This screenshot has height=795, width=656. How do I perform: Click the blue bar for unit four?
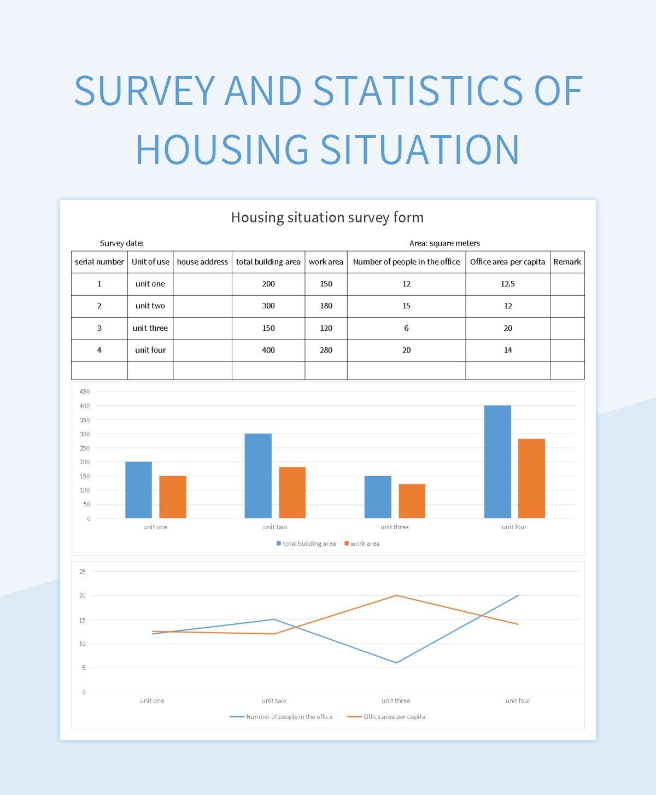pyautogui.click(x=497, y=461)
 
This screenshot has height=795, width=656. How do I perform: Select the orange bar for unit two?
pyautogui.click(x=292, y=492)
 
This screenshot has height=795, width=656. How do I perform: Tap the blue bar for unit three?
pyautogui.click(x=378, y=496)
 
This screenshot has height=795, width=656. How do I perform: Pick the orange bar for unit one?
pyautogui.click(x=173, y=496)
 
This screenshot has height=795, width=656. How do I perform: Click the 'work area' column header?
pyautogui.click(x=326, y=262)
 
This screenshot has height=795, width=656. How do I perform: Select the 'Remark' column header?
pyautogui.click(x=567, y=262)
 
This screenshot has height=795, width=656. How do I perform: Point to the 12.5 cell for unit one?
pyautogui.click(x=507, y=284)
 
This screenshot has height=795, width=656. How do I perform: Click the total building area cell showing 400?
pyautogui.click(x=268, y=350)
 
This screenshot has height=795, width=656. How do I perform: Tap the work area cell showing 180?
pyautogui.click(x=326, y=306)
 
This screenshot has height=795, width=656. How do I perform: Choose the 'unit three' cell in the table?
pyautogui.click(x=150, y=328)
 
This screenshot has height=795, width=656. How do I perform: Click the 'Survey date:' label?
pyautogui.click(x=121, y=243)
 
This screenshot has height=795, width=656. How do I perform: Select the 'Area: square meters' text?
pyautogui.click(x=444, y=243)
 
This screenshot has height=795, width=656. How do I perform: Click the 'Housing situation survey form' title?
pyautogui.click(x=327, y=218)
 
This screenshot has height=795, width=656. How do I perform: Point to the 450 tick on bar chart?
pyautogui.click(x=85, y=391)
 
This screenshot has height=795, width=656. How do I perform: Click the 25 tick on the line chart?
pyautogui.click(x=83, y=572)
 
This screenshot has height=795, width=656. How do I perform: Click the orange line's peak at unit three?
pyautogui.click(x=396, y=595)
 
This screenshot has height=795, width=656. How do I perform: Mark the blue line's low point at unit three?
pyautogui.click(x=396, y=663)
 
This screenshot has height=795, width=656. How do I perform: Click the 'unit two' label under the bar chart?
pyautogui.click(x=275, y=527)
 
